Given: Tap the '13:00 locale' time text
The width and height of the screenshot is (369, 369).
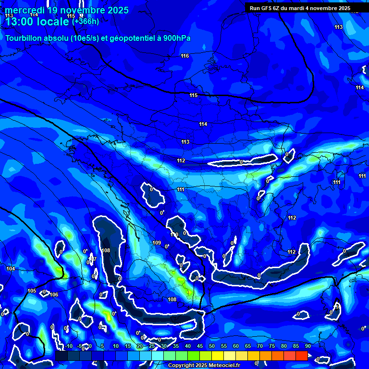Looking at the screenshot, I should [37, 21].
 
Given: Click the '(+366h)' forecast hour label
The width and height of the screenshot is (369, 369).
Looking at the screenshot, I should [86, 21].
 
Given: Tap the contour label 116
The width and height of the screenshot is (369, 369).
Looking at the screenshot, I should [185, 56].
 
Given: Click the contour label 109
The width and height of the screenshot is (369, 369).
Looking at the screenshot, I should [157, 243].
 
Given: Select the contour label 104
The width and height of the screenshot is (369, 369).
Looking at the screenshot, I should [11, 269].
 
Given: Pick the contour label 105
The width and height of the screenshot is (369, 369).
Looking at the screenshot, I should [32, 291].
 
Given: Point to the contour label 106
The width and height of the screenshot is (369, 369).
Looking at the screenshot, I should [54, 295].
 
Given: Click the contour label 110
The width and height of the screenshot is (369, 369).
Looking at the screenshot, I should [174, 234].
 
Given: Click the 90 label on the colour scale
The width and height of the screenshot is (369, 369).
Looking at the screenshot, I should [308, 346].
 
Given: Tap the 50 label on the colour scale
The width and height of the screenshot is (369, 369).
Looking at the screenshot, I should [212, 346].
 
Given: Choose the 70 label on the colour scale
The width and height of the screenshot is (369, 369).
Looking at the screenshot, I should [260, 346].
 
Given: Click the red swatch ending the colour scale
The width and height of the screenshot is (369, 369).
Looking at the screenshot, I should [301, 356].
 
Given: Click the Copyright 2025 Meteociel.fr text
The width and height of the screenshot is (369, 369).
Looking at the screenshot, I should [204, 365].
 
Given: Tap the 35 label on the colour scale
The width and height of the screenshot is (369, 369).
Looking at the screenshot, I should [176, 346].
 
